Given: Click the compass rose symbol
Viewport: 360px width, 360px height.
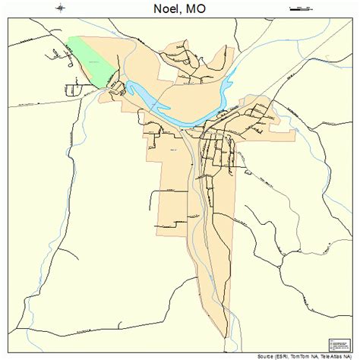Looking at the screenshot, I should click(x=61, y=9).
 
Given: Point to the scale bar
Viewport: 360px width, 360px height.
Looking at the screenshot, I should click(x=302, y=9).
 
